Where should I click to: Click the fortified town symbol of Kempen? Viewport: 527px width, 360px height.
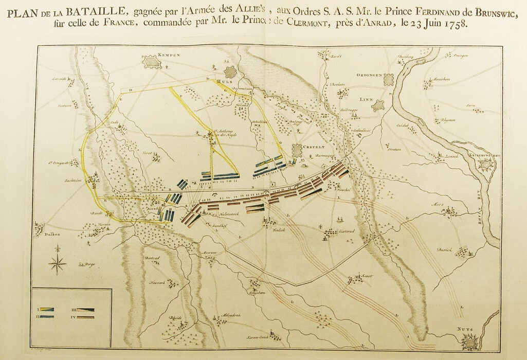point(153,63)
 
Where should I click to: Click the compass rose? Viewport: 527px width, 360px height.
point(57,264)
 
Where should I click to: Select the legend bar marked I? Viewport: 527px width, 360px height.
point(48,310)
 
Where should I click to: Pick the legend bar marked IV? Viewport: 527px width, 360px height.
point(86,317)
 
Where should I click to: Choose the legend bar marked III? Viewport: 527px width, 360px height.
point(86,310)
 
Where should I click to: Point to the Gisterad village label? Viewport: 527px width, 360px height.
point(346,232)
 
